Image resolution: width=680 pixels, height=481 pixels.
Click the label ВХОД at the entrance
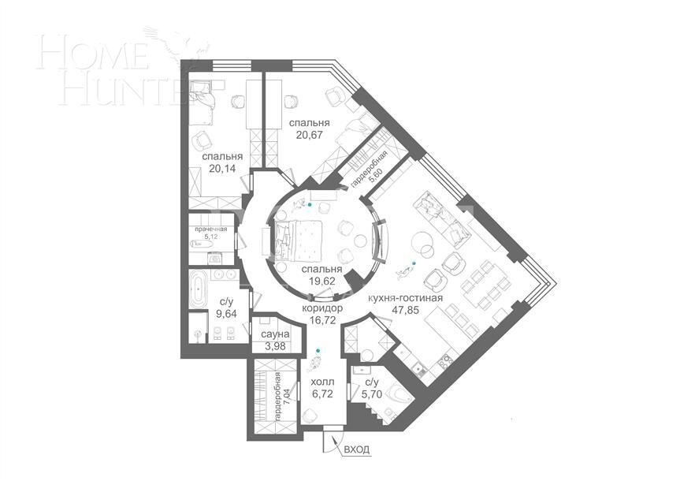point(355,449)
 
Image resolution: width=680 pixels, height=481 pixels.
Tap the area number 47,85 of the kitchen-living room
point(404,311)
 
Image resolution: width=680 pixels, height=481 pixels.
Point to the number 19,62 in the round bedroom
point(319,280)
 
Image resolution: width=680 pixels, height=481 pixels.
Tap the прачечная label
point(210,229)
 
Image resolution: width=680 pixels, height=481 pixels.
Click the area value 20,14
point(216,168)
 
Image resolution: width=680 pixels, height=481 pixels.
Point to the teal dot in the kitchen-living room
point(411,263)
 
